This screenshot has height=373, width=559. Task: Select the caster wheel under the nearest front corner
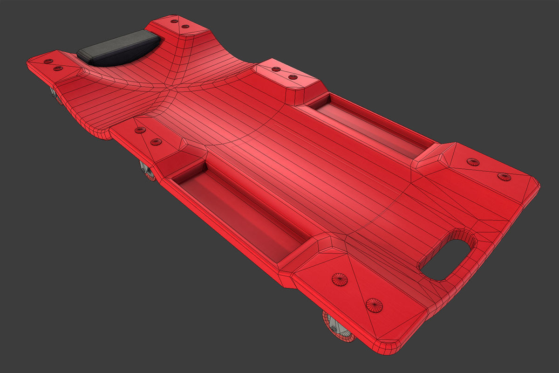click(x=338, y=328)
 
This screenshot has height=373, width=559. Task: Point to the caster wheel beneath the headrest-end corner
click(x=56, y=96)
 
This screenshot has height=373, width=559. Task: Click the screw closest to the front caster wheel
click(x=374, y=305)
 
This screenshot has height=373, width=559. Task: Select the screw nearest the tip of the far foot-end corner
click(x=504, y=176)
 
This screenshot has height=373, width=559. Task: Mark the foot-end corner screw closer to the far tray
click(x=473, y=162)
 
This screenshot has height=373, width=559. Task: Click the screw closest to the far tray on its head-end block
click(x=293, y=76)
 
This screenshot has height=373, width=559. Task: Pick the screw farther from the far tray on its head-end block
click(x=276, y=69)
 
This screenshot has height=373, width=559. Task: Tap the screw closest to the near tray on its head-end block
click(x=156, y=141)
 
